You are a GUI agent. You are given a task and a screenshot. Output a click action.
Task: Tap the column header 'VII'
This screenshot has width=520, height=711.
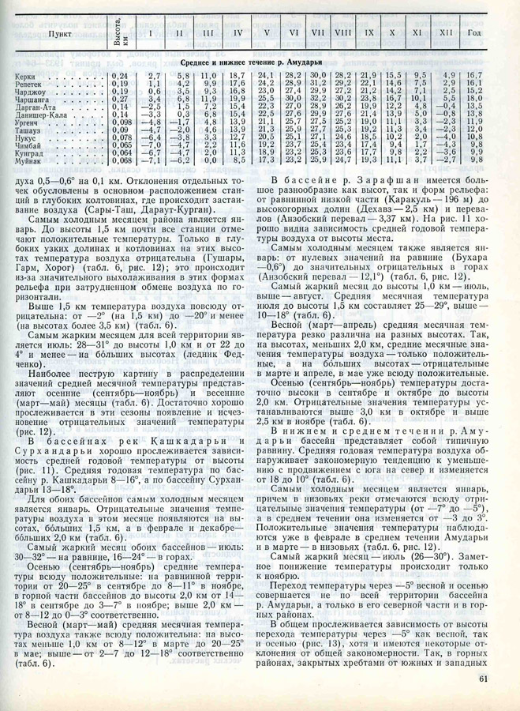pos(319,35)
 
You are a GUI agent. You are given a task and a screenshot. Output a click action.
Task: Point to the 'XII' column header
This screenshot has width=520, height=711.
pos(447,35)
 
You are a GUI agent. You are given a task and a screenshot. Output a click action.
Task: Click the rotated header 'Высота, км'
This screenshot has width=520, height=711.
pos(118,34)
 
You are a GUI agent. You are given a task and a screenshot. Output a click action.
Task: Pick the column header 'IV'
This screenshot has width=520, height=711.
pos(237,35)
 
